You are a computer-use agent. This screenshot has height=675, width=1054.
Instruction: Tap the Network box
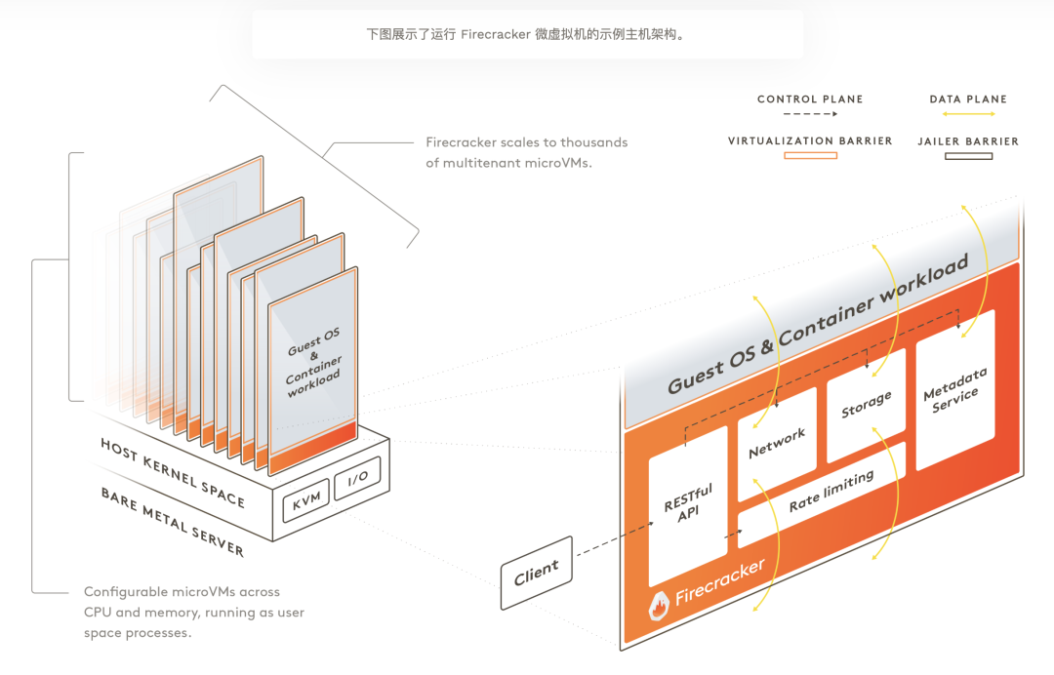click(x=777, y=443)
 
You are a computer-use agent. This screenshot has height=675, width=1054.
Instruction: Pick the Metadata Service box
click(x=955, y=389)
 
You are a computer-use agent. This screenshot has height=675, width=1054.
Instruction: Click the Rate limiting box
click(x=831, y=493)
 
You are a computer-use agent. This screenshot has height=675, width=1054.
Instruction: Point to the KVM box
click(x=305, y=504)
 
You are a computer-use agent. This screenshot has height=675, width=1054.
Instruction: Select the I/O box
click(x=357, y=479)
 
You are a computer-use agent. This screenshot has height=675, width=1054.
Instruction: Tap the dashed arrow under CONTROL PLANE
click(x=810, y=115)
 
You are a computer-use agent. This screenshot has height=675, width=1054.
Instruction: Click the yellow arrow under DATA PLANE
click(x=967, y=115)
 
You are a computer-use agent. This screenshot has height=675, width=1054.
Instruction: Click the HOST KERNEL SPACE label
click(x=173, y=471)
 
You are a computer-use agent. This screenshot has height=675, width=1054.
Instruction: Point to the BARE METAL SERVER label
click(x=172, y=521)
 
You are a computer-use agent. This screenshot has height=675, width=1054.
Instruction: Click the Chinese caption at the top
click(x=526, y=34)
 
